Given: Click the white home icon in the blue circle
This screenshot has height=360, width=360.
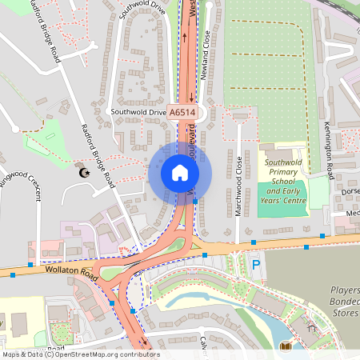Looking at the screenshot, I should tap(179, 173).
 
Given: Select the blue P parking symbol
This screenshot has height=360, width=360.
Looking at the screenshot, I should tap(256, 264).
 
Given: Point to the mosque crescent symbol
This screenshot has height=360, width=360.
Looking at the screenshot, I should tap(81, 172).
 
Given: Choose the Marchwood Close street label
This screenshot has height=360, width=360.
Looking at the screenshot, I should tap(239, 180).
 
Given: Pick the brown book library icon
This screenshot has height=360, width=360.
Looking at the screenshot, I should tap(286, 346).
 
